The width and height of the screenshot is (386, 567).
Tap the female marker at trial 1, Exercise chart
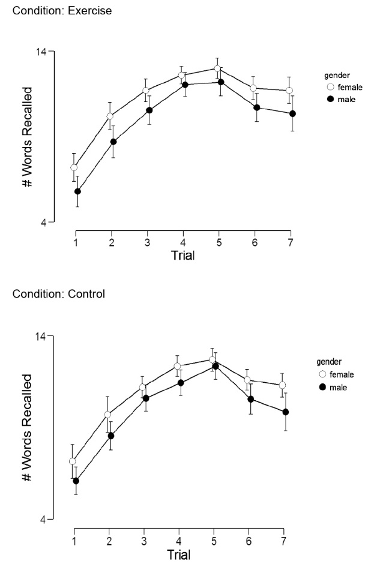click(x=74, y=167)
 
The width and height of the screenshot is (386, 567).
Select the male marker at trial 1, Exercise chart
click(x=77, y=191)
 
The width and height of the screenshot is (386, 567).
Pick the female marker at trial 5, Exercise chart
click(x=217, y=68)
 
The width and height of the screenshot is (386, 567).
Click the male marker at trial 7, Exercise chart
click(x=292, y=113)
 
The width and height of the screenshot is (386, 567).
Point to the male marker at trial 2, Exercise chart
click(x=113, y=142)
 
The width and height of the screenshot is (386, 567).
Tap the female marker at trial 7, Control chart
click(x=282, y=385)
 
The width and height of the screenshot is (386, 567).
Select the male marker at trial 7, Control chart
click(x=286, y=412)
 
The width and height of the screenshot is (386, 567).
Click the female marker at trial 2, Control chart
click(x=108, y=415)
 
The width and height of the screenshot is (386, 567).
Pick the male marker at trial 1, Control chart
click(x=76, y=481)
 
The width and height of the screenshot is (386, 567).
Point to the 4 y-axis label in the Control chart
click(x=43, y=519)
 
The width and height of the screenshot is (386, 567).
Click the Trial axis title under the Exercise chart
click(x=182, y=255)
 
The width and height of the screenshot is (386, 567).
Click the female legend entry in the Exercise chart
click(x=345, y=87)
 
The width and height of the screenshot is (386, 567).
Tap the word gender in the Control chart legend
click(x=329, y=362)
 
